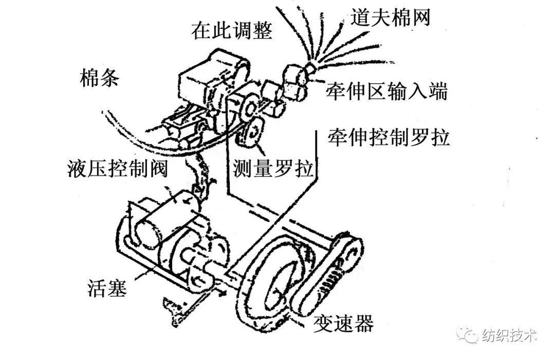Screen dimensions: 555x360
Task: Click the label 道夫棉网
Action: point(391,17)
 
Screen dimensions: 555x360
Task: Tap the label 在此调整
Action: point(232,30)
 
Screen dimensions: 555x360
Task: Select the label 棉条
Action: point(100,77)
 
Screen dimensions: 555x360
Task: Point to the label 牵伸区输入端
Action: point(387,92)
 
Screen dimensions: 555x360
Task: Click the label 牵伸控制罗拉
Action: point(388,137)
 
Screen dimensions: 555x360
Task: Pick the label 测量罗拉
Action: point(273,168)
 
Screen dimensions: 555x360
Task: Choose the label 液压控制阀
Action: point(118,168)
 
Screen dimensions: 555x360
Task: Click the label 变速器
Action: point(343,323)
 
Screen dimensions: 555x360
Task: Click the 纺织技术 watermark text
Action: point(509,335)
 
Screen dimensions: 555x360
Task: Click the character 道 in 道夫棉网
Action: point(360,17)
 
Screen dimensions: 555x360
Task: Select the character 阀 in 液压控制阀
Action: point(158,168)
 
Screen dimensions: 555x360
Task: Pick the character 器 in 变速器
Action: point(364,323)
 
